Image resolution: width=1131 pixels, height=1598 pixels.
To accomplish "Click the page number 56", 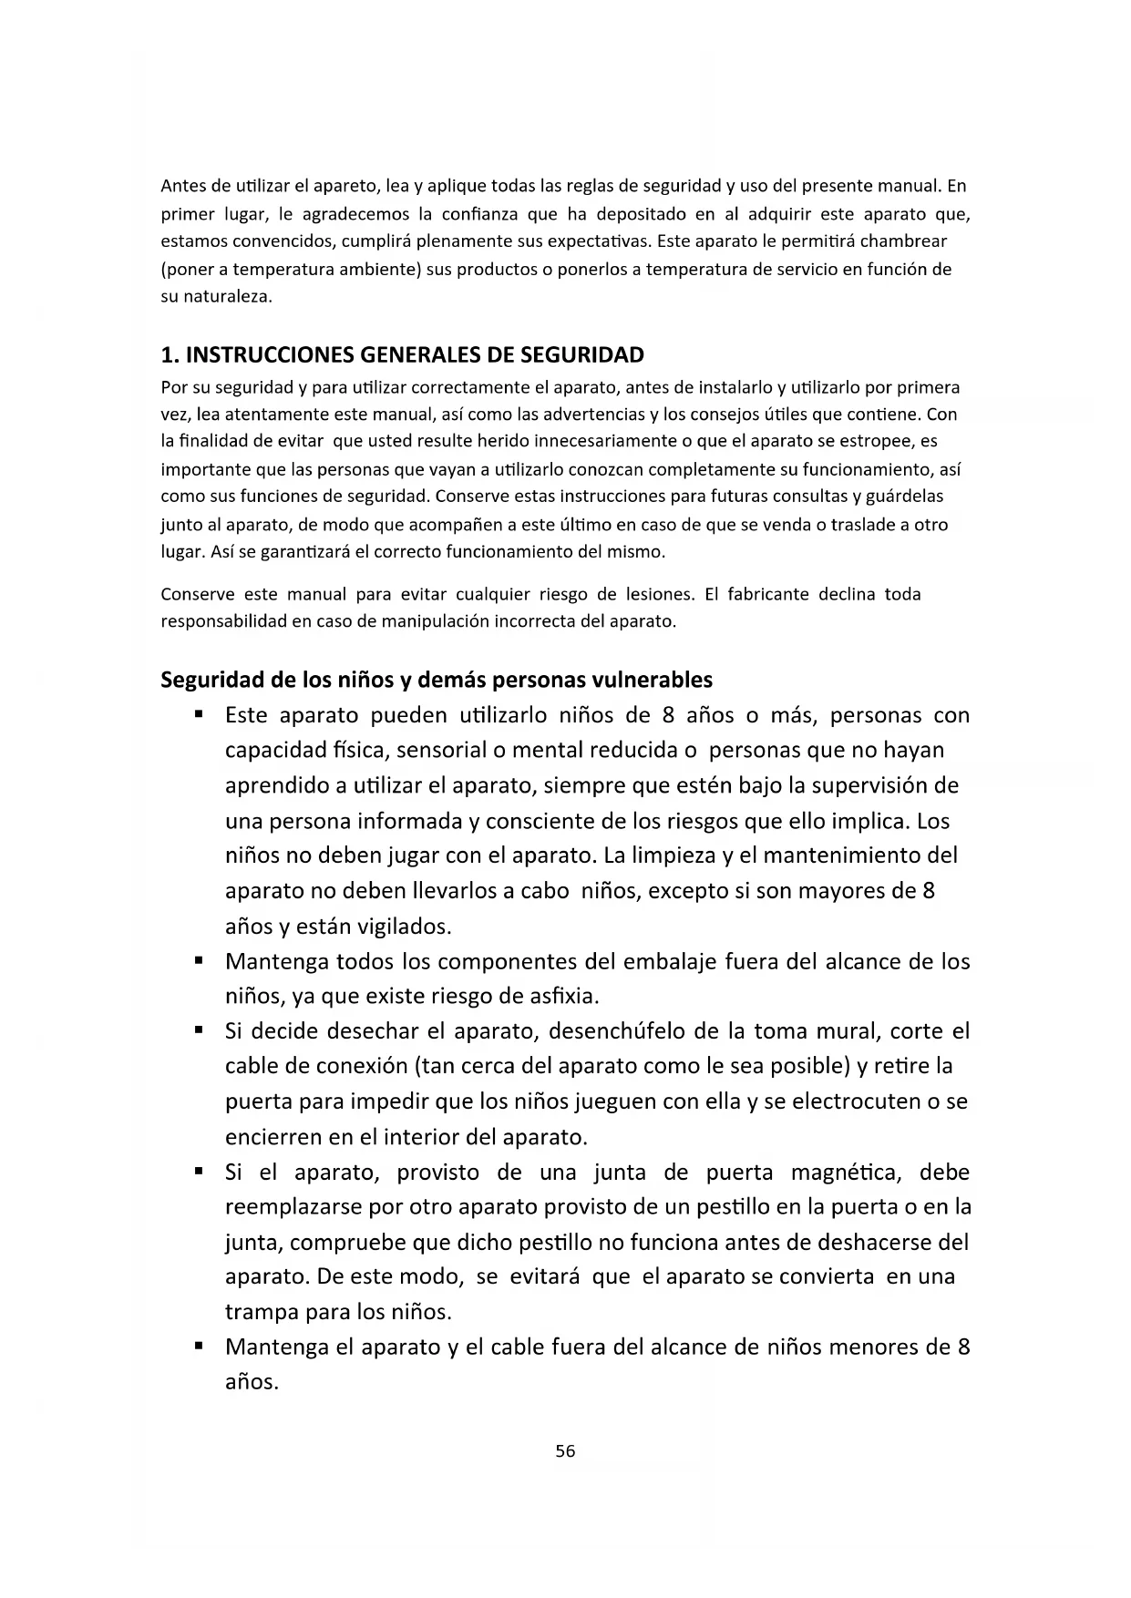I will [565, 1451].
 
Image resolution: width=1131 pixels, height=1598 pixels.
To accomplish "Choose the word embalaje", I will [669, 961].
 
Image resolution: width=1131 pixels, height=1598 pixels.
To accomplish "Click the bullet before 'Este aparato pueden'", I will [197, 714].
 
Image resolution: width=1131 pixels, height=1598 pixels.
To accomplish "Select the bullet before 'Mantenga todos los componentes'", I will [197, 960].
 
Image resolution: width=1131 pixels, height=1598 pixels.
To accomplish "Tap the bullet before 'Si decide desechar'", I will [197, 1030].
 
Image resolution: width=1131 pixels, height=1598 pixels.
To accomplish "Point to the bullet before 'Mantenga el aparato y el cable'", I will [197, 1346].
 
